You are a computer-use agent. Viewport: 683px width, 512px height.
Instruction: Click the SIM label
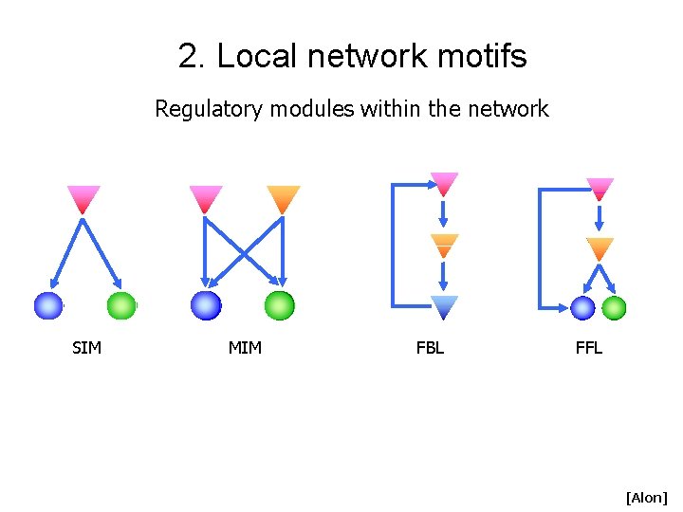point(86,348)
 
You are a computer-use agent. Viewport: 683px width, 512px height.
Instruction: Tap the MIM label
point(245,348)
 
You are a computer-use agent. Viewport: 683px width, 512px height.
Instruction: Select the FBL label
point(430,348)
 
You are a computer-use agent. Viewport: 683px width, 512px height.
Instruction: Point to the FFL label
point(588,348)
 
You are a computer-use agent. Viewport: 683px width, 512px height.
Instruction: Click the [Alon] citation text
point(646,497)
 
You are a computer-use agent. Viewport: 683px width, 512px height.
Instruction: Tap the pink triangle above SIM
point(83,198)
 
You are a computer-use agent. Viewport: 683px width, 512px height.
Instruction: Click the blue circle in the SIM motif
point(47,306)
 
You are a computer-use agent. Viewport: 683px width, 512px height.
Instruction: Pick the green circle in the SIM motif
point(121,306)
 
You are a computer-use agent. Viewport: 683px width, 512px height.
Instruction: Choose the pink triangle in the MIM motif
point(205,198)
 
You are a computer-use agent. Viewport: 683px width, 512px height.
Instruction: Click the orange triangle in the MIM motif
point(283,198)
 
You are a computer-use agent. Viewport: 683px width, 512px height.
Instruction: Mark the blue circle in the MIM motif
point(205,305)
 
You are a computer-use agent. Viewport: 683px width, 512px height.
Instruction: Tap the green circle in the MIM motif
point(279,305)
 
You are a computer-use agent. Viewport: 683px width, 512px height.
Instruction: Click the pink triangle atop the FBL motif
point(444,183)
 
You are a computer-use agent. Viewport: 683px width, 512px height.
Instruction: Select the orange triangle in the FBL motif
point(444,245)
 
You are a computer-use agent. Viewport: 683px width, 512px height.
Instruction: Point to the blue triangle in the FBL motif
point(444,306)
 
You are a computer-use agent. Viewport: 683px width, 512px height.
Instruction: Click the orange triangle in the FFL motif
point(600,248)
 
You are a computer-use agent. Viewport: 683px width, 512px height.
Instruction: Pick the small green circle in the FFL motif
point(614,308)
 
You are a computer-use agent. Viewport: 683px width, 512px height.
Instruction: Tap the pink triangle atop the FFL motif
point(600,188)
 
